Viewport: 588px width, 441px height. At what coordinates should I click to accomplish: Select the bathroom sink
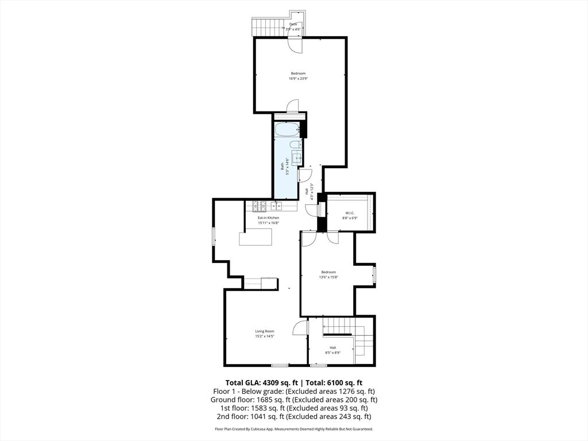click(x=297, y=158)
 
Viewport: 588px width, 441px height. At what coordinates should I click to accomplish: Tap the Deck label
click(x=293, y=24)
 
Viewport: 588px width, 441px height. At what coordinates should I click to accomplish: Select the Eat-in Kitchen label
click(x=268, y=218)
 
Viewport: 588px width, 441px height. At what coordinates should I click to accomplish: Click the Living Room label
click(x=265, y=331)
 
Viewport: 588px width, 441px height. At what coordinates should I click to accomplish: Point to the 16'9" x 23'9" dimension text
click(x=298, y=79)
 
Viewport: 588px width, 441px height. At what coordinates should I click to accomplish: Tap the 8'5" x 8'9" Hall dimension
click(x=332, y=353)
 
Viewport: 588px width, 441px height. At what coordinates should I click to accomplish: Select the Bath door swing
click(x=305, y=175)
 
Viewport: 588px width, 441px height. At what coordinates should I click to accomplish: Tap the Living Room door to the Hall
click(x=300, y=328)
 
